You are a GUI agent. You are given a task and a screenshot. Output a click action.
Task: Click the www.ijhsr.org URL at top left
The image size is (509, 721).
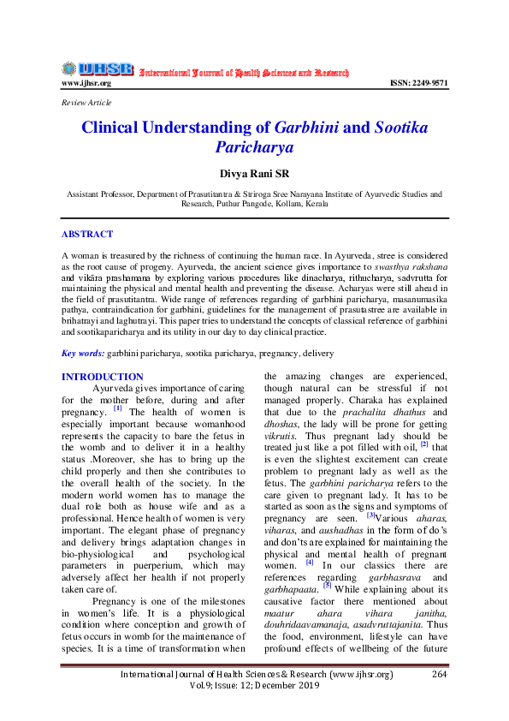point(86,84)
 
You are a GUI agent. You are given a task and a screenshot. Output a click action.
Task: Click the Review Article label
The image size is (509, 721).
point(86,103)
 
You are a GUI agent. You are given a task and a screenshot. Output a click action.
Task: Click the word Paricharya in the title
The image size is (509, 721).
point(254,147)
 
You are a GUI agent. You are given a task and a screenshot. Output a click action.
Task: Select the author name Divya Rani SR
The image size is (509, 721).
point(254,174)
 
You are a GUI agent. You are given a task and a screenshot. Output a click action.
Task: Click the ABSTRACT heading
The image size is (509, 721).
point(87,234)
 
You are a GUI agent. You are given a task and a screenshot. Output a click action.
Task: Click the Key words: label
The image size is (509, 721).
point(82,353)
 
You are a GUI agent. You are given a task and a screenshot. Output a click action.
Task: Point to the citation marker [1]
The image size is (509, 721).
point(117,408)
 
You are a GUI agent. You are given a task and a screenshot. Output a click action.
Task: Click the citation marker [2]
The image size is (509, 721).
point(423,444)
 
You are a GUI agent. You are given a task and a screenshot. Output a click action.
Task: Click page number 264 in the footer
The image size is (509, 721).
point(440,700)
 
